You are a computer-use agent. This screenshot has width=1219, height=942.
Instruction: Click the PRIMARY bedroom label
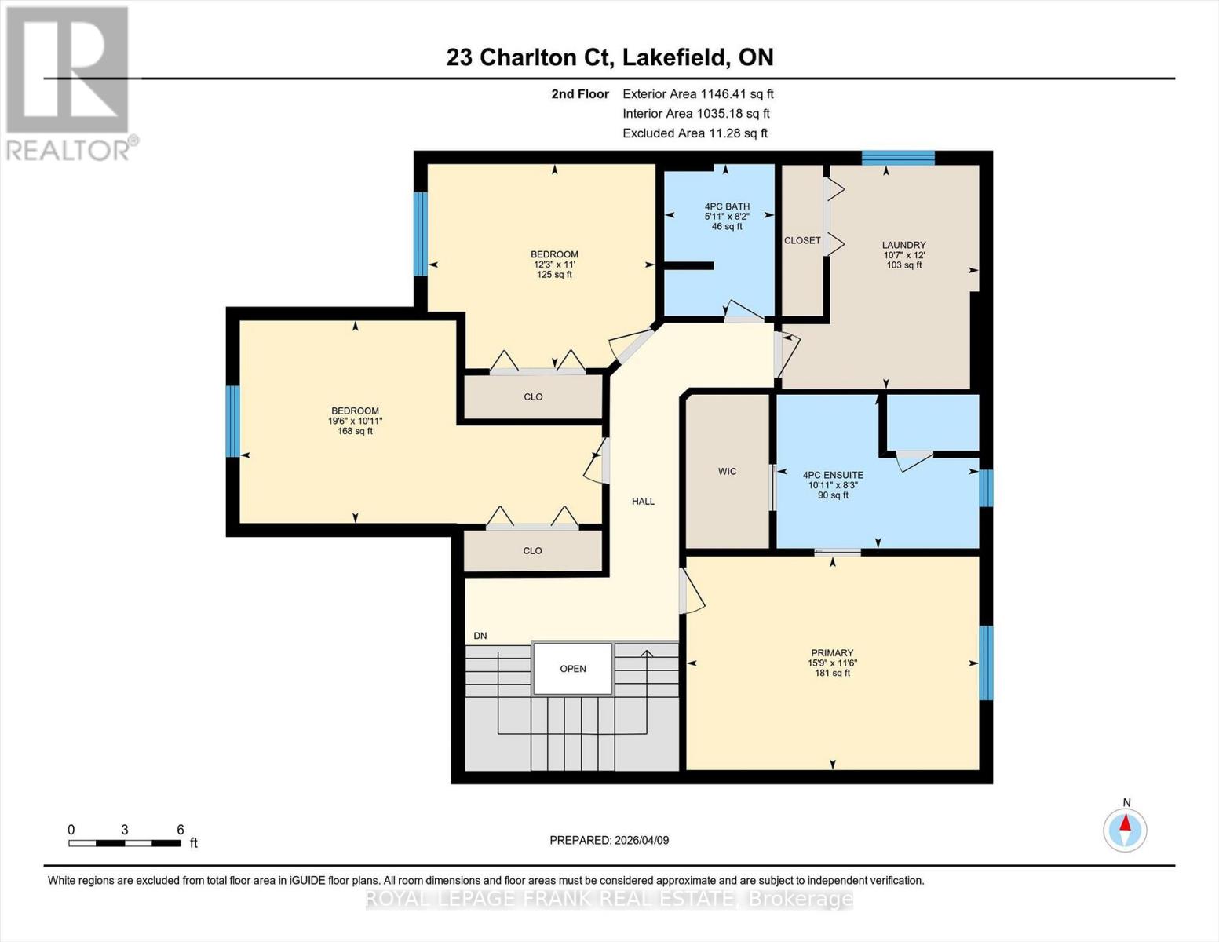pyautogui.click(x=832, y=653)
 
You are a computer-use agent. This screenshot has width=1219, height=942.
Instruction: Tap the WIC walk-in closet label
pyautogui.click(x=727, y=472)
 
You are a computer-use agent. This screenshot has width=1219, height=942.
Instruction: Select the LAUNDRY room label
pyautogui.click(x=903, y=245)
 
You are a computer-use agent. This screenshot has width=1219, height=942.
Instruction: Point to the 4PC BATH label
pyautogui.click(x=727, y=206)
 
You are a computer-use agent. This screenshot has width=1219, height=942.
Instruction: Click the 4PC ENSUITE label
pyautogui.click(x=833, y=475)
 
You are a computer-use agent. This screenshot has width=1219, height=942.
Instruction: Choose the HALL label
pyautogui.click(x=643, y=502)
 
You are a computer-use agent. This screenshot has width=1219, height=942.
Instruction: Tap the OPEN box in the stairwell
pyautogui.click(x=573, y=669)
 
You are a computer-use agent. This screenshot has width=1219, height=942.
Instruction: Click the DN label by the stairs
pyautogui.click(x=480, y=636)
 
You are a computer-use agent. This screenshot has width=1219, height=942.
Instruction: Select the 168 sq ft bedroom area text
pyautogui.click(x=355, y=431)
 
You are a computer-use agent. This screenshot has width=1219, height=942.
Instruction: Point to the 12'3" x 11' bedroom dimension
pyautogui.click(x=554, y=265)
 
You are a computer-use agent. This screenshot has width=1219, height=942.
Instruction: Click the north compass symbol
pyautogui.click(x=1126, y=829)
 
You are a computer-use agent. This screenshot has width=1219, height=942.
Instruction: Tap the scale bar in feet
pyautogui.click(x=125, y=843)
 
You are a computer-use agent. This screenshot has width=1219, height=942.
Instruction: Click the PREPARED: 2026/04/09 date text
pyautogui.click(x=609, y=840)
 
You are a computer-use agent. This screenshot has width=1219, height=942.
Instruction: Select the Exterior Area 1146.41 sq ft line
pyautogui.click(x=698, y=94)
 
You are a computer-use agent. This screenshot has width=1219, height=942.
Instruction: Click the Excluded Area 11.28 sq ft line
pyautogui.click(x=695, y=133)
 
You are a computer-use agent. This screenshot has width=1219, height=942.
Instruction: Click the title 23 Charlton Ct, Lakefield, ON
pyautogui.click(x=609, y=57)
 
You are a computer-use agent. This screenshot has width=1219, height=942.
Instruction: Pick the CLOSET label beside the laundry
pyautogui.click(x=802, y=240)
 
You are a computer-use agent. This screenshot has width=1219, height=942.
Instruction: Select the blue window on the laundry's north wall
pyautogui.click(x=898, y=158)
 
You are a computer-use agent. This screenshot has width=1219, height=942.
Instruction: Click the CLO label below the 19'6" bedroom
pyautogui.click(x=532, y=551)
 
